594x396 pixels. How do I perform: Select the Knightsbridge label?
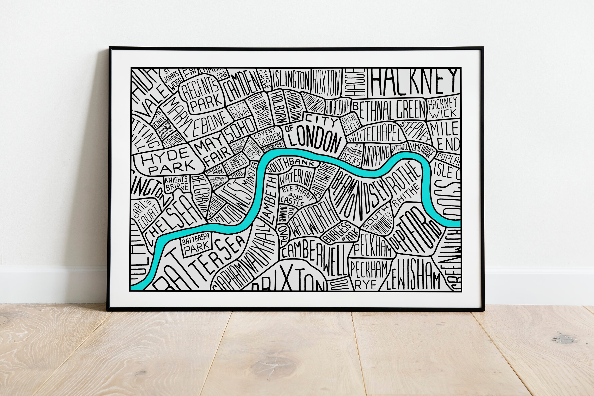coord(177,183)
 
